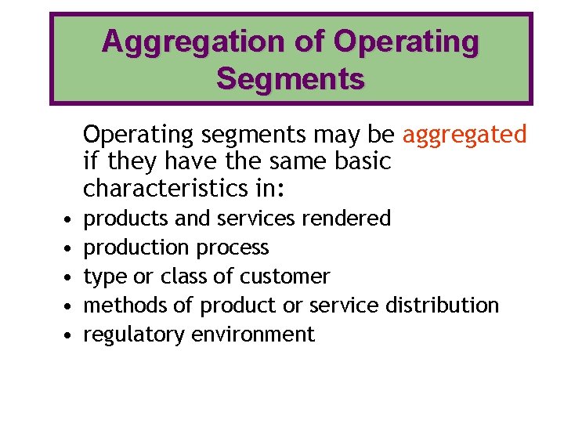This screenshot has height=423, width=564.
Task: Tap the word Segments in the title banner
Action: (290, 78)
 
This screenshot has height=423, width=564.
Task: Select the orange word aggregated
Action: (465, 135)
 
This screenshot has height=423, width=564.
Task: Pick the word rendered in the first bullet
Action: (345, 218)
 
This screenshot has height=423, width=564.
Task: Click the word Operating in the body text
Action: (138, 135)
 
